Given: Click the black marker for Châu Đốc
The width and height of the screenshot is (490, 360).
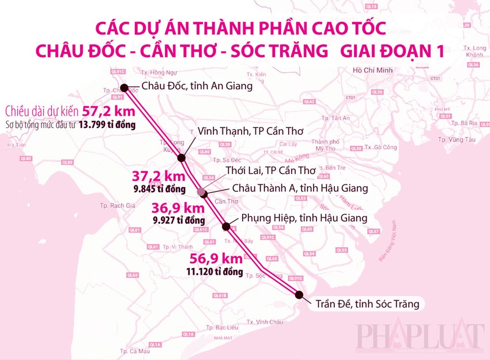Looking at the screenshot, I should point(123,89).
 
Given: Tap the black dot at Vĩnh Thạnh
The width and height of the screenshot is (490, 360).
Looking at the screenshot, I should point(181,157).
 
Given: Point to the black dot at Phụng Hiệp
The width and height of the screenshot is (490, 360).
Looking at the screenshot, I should point(227,225).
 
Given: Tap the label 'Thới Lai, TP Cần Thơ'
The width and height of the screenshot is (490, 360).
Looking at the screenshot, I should point(263,170).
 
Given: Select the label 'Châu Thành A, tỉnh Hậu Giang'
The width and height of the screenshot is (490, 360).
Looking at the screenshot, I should point(299,188).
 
